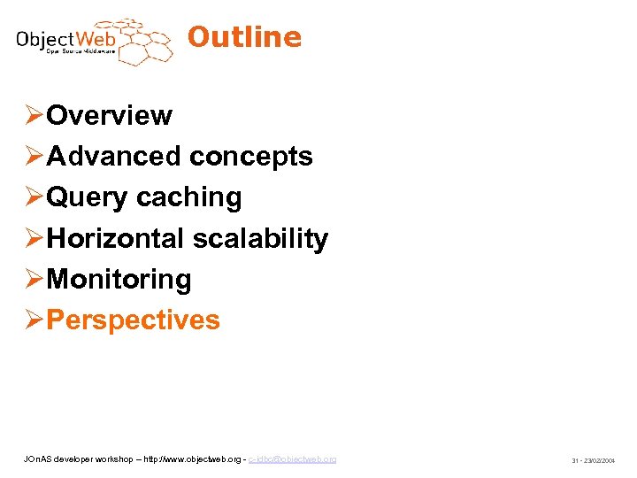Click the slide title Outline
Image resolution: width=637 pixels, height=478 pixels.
tap(244, 37)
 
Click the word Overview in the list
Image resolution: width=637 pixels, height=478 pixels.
tap(109, 115)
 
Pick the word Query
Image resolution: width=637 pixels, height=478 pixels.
tap(87, 197)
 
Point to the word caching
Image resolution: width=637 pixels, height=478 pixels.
tap(188, 197)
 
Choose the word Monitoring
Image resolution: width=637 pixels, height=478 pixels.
tap(119, 279)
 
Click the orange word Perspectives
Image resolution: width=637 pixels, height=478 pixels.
tap(133, 320)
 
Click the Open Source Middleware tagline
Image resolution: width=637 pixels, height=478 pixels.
tap(81, 52)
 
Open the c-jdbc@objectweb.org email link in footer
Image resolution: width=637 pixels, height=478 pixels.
tap(292, 459)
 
